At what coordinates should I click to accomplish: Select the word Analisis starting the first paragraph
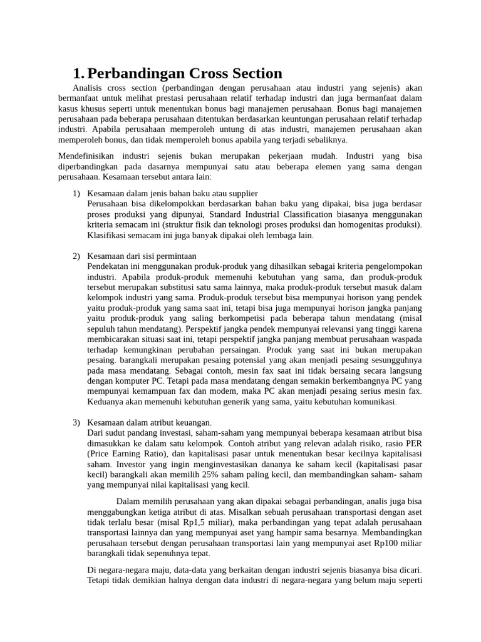click(x=88, y=88)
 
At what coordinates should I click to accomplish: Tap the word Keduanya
click(x=104, y=402)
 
